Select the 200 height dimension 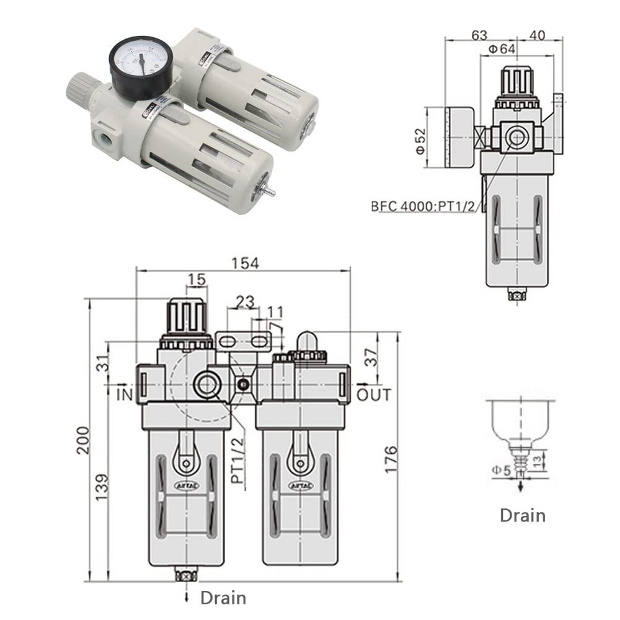(x=83, y=440)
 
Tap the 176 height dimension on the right (x=390, y=459)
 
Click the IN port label (x=125, y=394)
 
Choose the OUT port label (x=374, y=394)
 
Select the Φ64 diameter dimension (x=502, y=49)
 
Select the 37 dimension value (x=371, y=358)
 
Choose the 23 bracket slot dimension (x=245, y=302)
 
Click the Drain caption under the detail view (x=522, y=515)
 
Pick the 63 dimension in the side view (x=479, y=35)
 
